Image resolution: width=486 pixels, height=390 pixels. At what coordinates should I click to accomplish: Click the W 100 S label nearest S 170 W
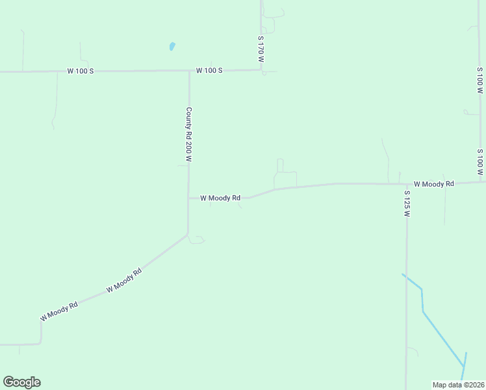point(209,70)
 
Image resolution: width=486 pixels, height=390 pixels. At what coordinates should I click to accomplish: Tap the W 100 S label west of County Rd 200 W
point(81,70)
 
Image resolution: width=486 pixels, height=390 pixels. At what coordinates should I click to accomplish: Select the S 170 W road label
point(261,49)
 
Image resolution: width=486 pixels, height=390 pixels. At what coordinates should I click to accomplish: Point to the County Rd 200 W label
point(189,135)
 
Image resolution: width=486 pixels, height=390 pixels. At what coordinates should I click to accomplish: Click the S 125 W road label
point(407,203)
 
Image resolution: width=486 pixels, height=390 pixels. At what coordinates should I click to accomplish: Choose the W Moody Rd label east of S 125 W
point(433,184)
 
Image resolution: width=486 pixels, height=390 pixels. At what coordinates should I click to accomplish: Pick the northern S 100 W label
point(480,80)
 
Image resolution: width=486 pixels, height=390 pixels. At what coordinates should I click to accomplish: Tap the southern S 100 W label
point(480,162)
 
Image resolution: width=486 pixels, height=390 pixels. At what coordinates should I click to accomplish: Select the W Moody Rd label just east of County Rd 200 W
point(220,198)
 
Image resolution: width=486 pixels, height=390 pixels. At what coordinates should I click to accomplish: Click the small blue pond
point(172,46)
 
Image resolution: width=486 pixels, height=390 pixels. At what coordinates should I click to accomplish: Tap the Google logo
point(21,382)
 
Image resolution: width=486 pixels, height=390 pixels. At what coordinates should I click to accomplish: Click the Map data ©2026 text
point(458,385)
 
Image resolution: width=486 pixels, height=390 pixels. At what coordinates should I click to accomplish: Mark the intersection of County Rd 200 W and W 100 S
point(189,70)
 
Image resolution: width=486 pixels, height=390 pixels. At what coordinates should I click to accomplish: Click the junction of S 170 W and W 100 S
point(261,70)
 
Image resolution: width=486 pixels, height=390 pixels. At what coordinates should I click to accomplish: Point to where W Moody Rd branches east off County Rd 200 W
point(189,198)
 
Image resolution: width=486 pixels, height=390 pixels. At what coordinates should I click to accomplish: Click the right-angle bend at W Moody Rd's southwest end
point(41,343)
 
